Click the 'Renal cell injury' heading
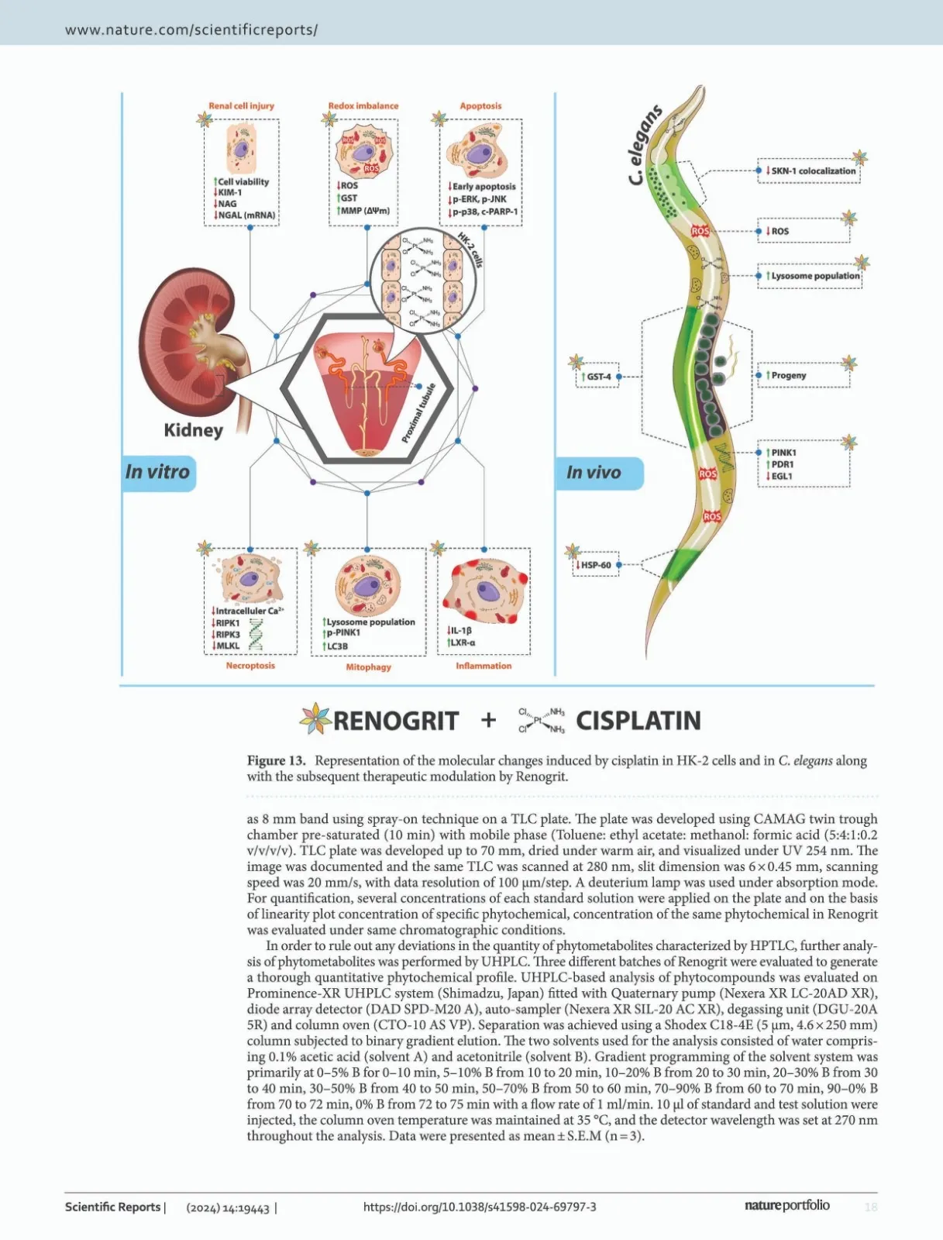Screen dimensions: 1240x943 [241, 106]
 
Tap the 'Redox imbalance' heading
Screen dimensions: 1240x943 [363, 106]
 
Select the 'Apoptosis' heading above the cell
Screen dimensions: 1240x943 [480, 106]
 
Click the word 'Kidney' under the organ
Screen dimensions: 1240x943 [193, 430]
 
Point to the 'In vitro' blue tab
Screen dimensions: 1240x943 [158, 472]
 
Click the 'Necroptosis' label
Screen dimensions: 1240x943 [250, 666]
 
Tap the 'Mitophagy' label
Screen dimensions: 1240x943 [368, 667]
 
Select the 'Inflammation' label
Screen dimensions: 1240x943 [484, 666]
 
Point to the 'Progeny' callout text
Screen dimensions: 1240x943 [789, 376]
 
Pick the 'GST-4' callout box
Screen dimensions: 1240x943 [598, 377]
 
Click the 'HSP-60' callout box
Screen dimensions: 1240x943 [596, 566]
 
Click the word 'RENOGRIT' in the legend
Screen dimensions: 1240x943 [396, 721]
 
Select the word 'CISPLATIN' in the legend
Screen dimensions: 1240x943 [638, 721]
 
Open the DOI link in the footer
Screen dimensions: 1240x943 [480, 1207]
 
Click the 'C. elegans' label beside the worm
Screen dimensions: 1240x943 [645, 145]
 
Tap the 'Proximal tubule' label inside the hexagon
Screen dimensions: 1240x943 [418, 413]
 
